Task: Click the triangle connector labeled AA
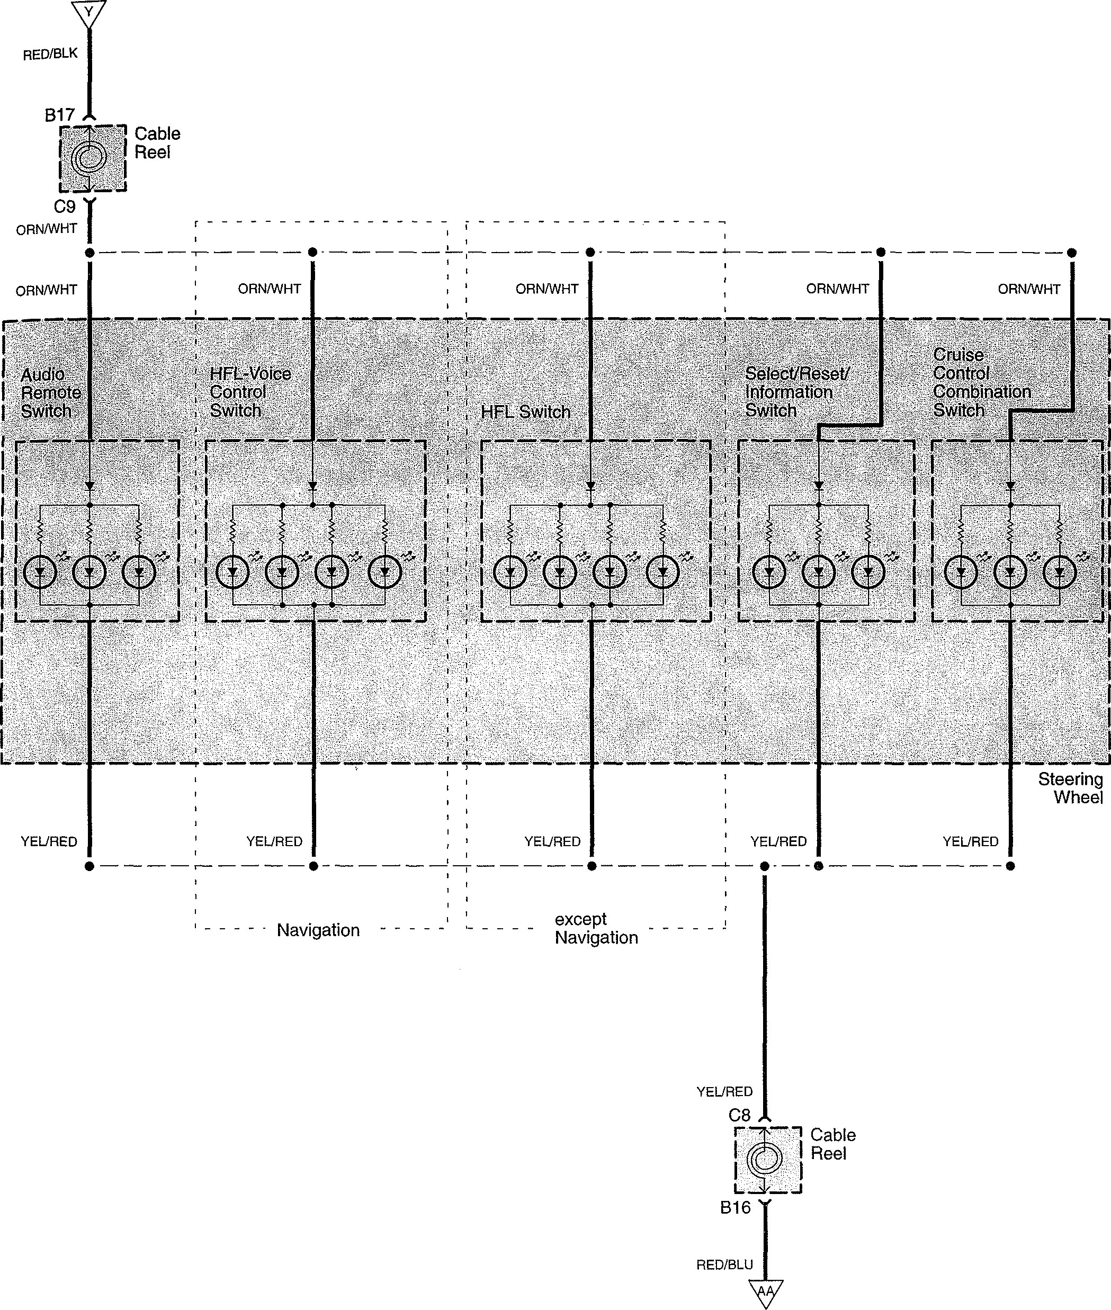pos(765,1293)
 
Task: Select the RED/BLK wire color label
pos(50,55)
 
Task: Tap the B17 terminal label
pos(60,115)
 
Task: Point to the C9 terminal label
pos(64,207)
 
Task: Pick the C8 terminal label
pos(739,1115)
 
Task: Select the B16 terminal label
pos(736,1207)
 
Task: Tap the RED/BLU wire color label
pos(724,1264)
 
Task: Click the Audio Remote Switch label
pos(50,393)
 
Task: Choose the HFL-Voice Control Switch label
pos(250,392)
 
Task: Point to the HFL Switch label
pos(525,412)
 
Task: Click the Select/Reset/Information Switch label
pos(796,392)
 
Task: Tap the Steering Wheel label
pos(1070,788)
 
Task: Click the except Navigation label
pos(596,928)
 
